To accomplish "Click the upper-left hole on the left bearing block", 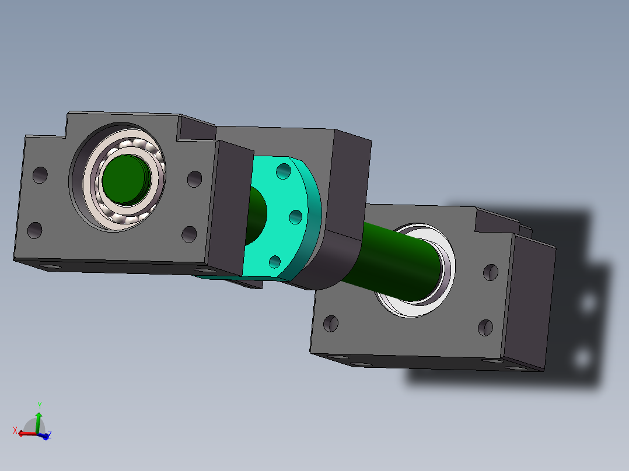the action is click(x=40, y=175).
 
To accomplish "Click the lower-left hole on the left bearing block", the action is click(x=35, y=230).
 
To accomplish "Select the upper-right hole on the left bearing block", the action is click(x=194, y=179).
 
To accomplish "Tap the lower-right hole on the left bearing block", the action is click(x=189, y=234).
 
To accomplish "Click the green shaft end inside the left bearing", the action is click(x=126, y=180).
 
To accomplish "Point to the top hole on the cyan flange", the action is click(x=284, y=171).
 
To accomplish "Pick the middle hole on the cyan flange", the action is click(x=296, y=217).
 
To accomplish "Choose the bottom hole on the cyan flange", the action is click(x=275, y=262).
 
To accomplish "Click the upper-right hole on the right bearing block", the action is click(x=491, y=273).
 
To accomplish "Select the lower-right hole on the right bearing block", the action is click(x=485, y=328).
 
